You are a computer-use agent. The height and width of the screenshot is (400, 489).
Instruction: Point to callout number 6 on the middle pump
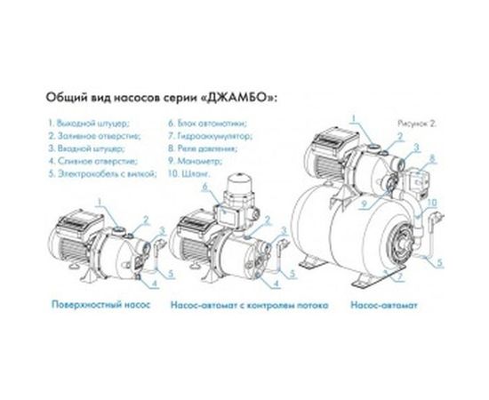tap(204, 188)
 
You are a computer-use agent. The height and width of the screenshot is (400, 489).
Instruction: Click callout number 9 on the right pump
tap(364, 210)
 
